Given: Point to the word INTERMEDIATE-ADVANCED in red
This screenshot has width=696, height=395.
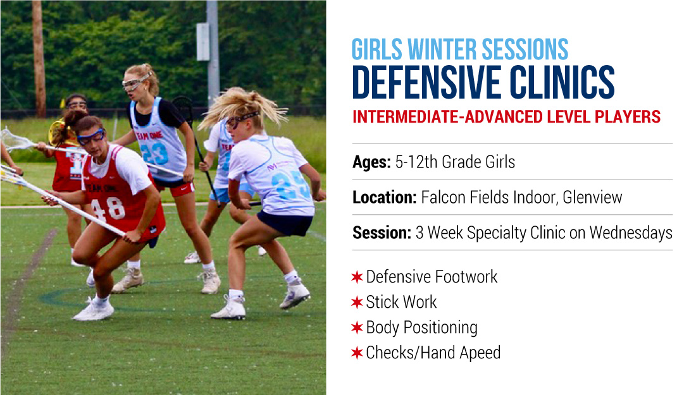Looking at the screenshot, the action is click(x=447, y=116).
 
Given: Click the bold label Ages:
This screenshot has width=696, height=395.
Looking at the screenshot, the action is click(x=371, y=162).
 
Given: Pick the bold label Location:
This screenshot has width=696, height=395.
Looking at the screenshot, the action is click(x=385, y=197).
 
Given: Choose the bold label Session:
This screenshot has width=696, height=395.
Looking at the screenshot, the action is click(x=382, y=233).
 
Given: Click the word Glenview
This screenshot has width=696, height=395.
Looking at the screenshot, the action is click(x=593, y=197).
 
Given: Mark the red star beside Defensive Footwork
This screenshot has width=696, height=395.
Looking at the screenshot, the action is click(x=357, y=277).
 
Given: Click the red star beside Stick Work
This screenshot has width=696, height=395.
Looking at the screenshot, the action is click(x=357, y=302).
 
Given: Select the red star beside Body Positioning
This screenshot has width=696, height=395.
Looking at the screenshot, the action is click(x=357, y=327).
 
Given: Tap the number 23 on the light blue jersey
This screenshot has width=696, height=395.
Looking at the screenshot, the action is click(x=154, y=154).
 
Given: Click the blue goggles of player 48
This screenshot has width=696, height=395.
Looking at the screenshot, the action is click(x=92, y=137).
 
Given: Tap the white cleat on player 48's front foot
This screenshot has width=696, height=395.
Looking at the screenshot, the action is click(x=94, y=310).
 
